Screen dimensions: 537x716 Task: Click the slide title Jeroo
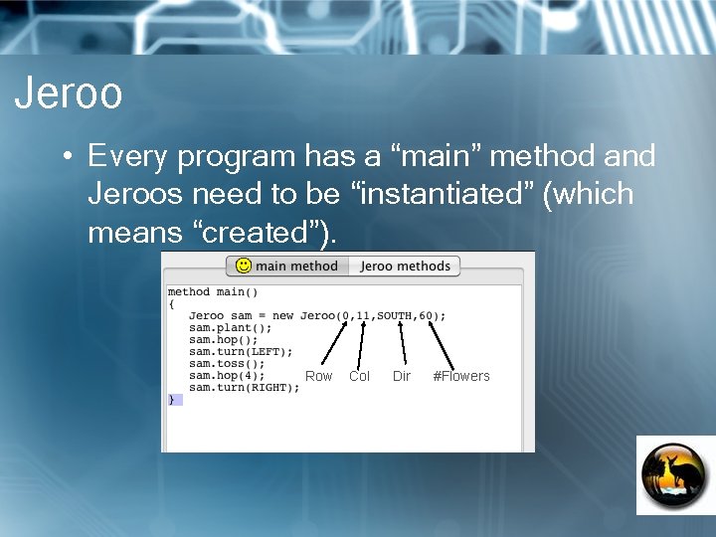tap(69, 93)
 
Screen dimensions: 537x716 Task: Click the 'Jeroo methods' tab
tap(405, 267)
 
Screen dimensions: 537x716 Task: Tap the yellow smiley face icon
tap(243, 267)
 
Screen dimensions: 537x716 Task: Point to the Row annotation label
tap(318, 376)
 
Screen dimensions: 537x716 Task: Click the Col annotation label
tap(359, 376)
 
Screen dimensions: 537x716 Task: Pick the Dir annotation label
tap(402, 376)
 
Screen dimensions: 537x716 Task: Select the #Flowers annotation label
tap(461, 376)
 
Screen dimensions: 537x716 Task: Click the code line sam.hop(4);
tap(227, 376)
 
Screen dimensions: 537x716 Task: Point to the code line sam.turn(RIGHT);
tap(244, 388)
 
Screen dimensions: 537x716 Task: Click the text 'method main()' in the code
tap(213, 292)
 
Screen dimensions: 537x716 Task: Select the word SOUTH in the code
tap(395, 316)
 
